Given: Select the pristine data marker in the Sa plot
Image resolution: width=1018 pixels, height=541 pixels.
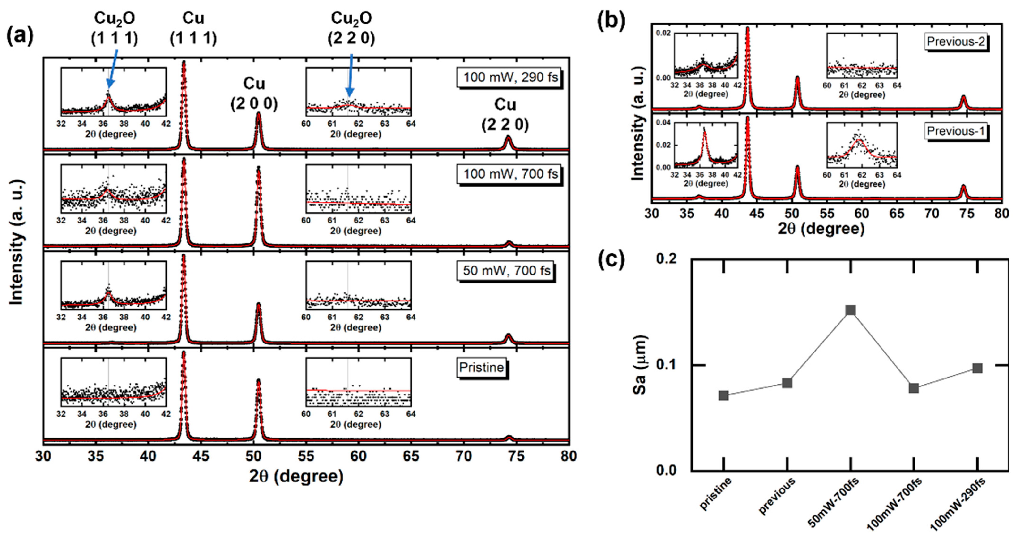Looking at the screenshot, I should click(x=724, y=395).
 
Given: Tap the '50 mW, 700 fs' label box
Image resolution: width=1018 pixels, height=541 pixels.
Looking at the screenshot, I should click(x=506, y=271).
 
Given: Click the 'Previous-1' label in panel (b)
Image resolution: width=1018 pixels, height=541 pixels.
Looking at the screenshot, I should click(x=956, y=131).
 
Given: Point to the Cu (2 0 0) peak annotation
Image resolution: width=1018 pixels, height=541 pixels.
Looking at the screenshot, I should click(x=254, y=93).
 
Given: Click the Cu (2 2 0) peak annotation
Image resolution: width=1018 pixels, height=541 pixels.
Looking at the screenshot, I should click(x=505, y=115).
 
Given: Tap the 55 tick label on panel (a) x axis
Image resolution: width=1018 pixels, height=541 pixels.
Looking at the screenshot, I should click(x=306, y=456).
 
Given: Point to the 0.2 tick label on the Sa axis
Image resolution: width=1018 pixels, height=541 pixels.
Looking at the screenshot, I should click(x=666, y=259).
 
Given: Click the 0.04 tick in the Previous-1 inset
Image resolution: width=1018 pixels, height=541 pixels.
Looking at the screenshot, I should click(x=663, y=123).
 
